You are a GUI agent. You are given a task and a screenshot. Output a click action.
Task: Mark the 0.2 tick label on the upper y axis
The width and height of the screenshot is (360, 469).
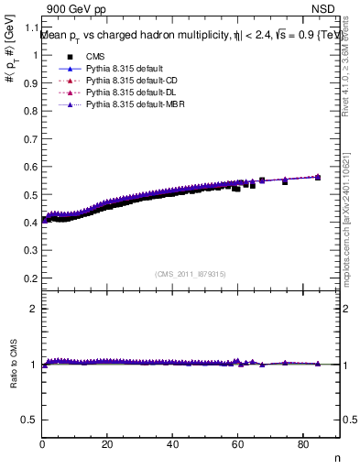tap(32, 278)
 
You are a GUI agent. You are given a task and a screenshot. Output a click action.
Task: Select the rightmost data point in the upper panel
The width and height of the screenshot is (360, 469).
tap(318, 177)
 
